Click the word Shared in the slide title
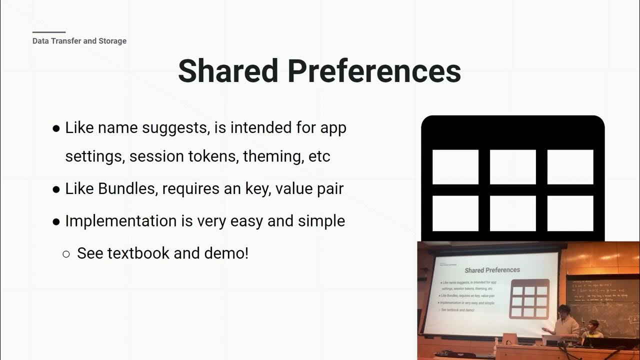click(227, 71)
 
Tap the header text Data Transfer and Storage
click(79, 41)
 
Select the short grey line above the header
click(49, 32)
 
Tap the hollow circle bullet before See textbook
click(66, 254)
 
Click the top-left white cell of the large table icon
click(455, 167)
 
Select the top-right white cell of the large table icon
click(570, 167)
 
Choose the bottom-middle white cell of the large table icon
click(512, 213)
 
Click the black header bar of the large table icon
click(512, 131)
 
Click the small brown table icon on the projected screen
click(529, 299)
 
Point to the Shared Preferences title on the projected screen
click(492, 270)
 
